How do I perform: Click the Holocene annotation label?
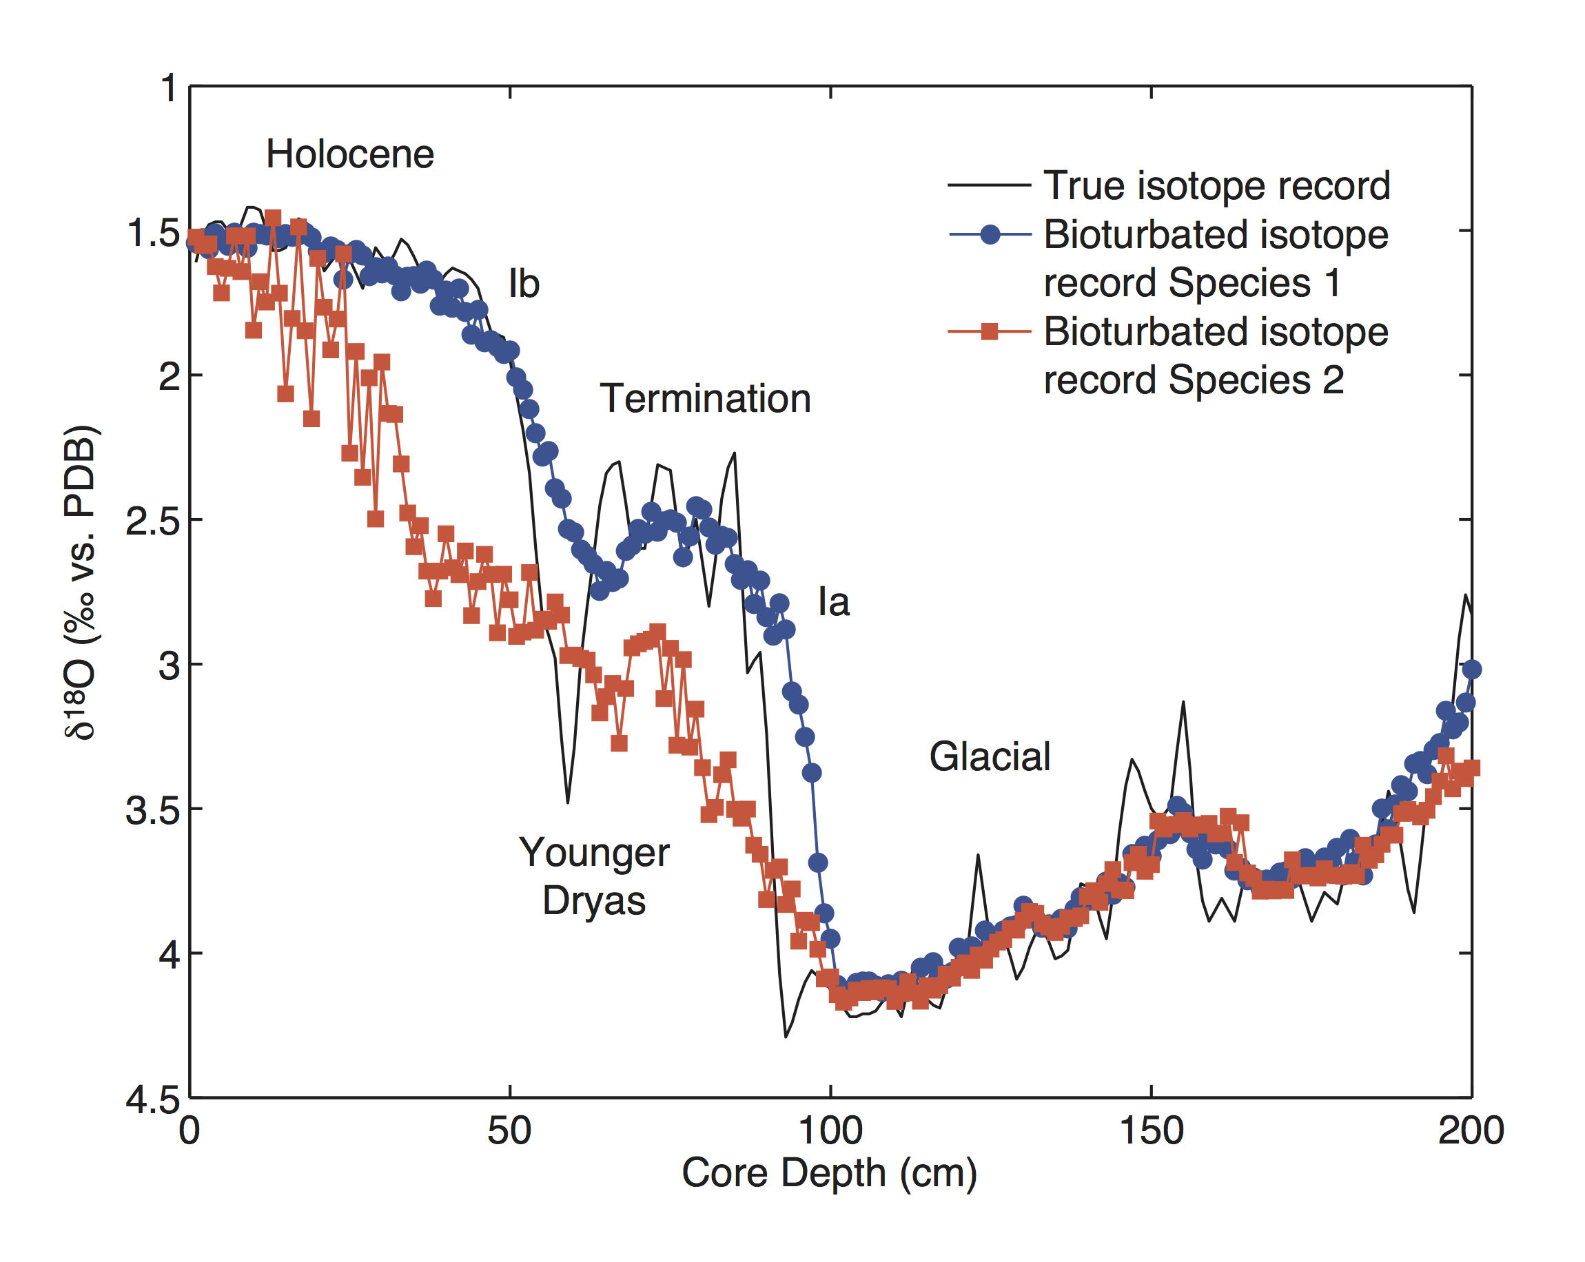[350, 154]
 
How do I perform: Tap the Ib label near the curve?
[524, 284]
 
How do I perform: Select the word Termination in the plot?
[705, 399]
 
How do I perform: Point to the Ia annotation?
[834, 603]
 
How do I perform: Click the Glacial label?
[990, 757]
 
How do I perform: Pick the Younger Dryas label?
[594, 877]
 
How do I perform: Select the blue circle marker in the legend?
[990, 234]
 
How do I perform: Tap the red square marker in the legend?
[990, 331]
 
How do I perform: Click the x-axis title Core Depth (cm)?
[829, 1173]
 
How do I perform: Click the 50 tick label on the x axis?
[509, 1130]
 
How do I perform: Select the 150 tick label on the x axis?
[1152, 1130]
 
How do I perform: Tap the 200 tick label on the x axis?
[1471, 1130]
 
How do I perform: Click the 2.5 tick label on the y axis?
[152, 521]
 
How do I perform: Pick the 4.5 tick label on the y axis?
[152, 1099]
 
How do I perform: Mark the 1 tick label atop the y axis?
[169, 88]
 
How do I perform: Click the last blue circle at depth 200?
[1472, 669]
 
